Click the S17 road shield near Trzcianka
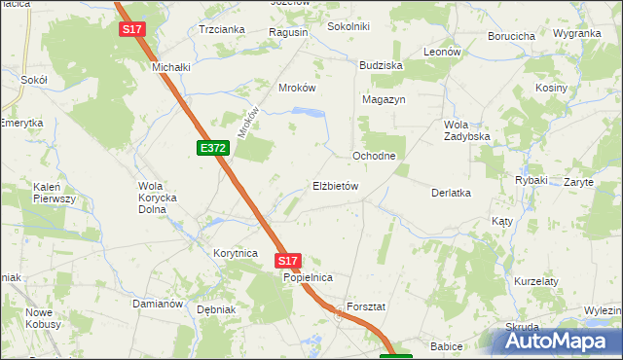coord(132,29)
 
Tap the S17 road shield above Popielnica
coord(287,261)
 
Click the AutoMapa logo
coord(556,342)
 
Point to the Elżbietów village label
coord(337,186)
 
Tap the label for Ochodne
coord(373,156)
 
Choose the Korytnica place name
coord(235,253)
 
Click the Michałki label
coord(170,67)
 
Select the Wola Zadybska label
coord(466,130)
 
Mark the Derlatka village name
coord(452,193)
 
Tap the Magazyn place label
coord(383,99)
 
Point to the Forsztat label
coord(366,306)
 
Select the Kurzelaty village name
coord(536,281)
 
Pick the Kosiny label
coord(551,88)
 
